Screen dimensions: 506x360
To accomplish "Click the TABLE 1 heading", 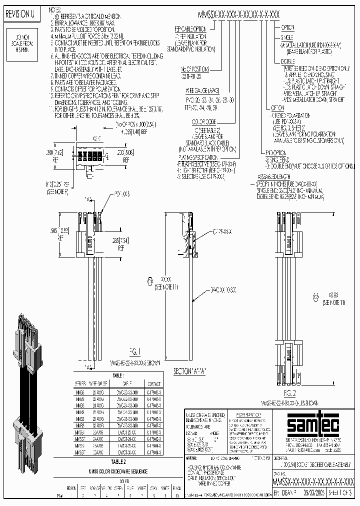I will coord(118,374).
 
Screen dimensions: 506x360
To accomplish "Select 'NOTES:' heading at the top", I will coord(56,9).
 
